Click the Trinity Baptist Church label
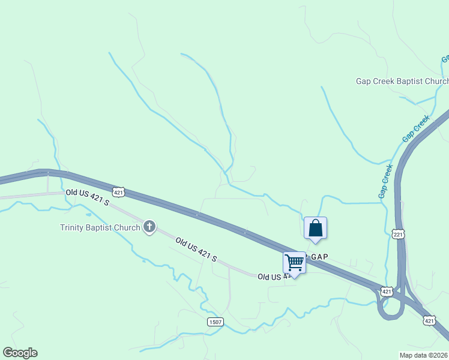click(x=100, y=227)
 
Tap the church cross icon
click(x=149, y=227)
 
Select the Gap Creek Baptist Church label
click(x=402, y=82)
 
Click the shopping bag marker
click(x=316, y=229)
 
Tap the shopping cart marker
click(x=294, y=263)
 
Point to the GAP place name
click(x=318, y=256)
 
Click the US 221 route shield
click(x=399, y=233)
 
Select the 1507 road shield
click(x=215, y=322)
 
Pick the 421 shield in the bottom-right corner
click(x=429, y=321)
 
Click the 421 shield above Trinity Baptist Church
click(x=119, y=192)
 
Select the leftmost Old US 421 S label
click(x=88, y=197)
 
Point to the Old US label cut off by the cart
click(x=271, y=277)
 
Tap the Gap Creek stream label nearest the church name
click(x=417, y=128)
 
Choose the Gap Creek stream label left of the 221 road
click(x=385, y=181)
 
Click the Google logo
click(x=20, y=353)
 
